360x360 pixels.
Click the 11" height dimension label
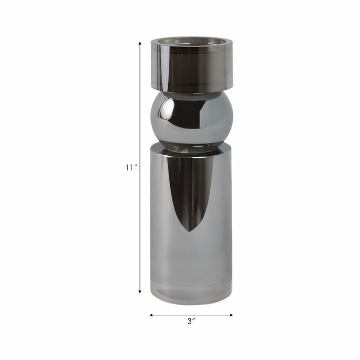point(131,168)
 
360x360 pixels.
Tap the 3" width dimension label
point(191,321)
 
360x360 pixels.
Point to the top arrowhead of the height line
point(139,43)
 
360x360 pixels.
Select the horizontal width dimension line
point(191,315)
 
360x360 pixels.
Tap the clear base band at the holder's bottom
point(191,291)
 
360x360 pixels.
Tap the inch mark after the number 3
point(195,319)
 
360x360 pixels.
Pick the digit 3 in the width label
point(189,321)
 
